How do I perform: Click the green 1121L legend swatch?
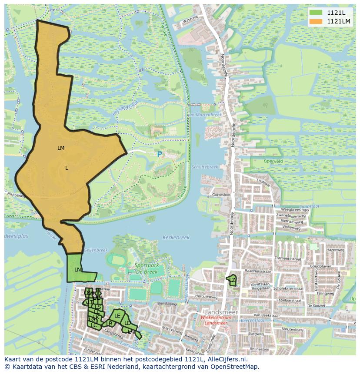click(316, 13)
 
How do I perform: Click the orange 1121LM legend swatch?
click(316, 21)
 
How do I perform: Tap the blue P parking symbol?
click(160, 154)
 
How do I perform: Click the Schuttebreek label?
click(204, 167)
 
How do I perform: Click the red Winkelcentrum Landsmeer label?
click(216, 320)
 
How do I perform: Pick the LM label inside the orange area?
click(61, 148)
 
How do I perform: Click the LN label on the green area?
click(77, 270)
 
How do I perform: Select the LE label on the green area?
click(117, 316)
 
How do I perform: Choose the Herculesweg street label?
click(207, 297)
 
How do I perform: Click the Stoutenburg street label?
click(293, 329)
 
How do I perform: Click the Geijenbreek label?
click(95, 250)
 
